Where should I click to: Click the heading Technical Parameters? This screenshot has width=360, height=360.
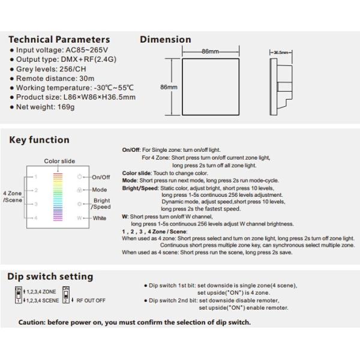[59, 40]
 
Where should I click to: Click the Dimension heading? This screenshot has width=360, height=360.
[166, 40]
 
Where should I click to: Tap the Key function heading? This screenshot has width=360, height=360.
[40, 140]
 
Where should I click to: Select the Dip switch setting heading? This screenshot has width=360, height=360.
[50, 277]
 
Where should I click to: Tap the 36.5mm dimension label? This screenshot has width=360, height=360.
[282, 52]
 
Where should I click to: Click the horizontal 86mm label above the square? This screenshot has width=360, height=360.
[209, 52]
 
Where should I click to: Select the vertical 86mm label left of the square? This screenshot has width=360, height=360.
[169, 87]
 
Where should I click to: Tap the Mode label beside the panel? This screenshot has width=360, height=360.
[99, 190]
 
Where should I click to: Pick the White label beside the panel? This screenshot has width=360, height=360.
[99, 218]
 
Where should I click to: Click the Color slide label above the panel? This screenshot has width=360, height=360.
[59, 161]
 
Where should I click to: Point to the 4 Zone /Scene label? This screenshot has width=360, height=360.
[12, 196]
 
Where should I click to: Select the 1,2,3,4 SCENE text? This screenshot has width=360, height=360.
[42, 300]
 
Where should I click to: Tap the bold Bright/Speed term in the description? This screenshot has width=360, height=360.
[140, 187]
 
